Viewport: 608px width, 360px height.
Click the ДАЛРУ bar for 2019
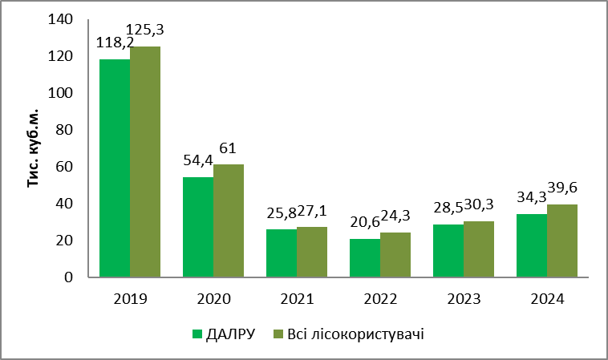[x=114, y=168]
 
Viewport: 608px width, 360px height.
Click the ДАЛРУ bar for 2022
[x=364, y=258]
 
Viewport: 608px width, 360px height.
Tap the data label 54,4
[x=197, y=162]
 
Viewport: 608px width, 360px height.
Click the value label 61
[x=230, y=149]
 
